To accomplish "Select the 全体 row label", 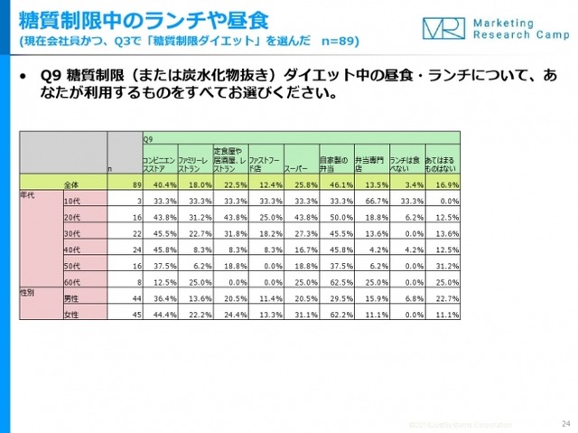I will tap(71, 185).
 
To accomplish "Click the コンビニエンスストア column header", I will tap(158, 164).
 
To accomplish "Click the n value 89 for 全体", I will tap(131, 185).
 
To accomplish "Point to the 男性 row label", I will tap(70, 299).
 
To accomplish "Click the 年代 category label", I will tap(28, 193).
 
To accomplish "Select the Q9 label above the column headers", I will tap(148, 139).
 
